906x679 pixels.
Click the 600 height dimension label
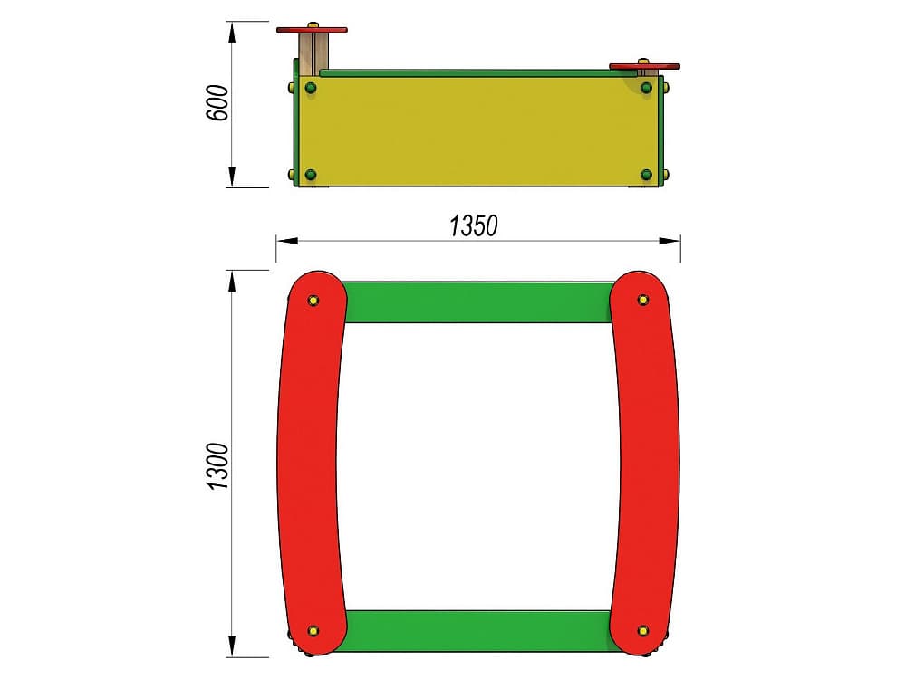tap(217, 103)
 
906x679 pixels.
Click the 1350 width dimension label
tap(473, 226)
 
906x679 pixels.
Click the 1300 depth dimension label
tap(217, 466)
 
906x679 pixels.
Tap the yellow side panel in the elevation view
tap(479, 131)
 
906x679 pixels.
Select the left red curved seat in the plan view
tap(311, 462)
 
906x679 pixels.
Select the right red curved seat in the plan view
tap(645, 462)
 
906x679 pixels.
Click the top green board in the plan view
tap(478, 302)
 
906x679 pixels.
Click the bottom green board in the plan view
tap(478, 631)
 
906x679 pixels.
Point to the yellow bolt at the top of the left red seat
tap(313, 301)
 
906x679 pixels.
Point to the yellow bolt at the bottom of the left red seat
tap(313, 630)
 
